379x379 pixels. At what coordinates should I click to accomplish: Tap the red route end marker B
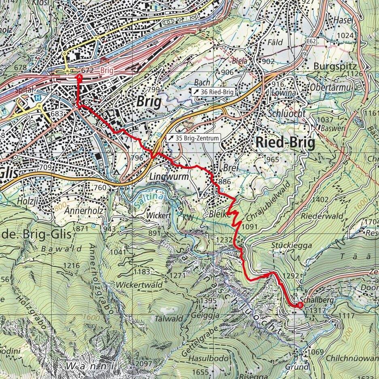pos(300,305)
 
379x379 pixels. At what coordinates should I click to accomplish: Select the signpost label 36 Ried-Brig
pos(213,92)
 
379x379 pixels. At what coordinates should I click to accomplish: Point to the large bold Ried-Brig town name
pos(285,143)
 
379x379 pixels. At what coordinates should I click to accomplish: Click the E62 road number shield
pos(311,41)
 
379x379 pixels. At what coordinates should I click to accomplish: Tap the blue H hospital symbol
pos(38,98)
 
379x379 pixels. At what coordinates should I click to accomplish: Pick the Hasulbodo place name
pos(210,359)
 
